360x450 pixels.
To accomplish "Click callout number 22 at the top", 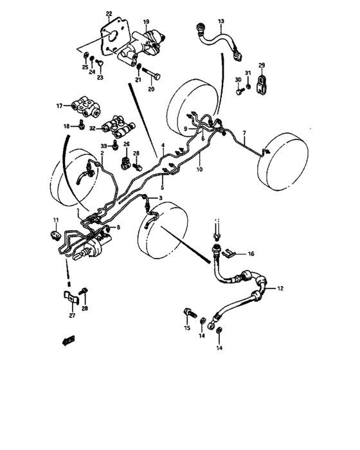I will click(x=109, y=14).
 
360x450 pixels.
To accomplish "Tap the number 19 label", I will click(x=146, y=22).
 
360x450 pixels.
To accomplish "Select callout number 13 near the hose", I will click(x=221, y=22).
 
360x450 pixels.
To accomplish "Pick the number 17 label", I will click(x=59, y=105).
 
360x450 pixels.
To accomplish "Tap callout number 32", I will click(x=93, y=129).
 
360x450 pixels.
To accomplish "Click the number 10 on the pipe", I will click(x=199, y=170).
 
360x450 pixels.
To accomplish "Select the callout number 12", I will click(x=280, y=289).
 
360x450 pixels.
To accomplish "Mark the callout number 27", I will click(x=71, y=316).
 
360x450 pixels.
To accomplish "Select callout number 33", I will click(x=102, y=147).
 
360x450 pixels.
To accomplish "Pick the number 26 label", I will click(x=126, y=145).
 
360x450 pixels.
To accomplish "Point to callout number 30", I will click(x=237, y=80).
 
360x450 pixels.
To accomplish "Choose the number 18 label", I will click(x=66, y=127).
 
